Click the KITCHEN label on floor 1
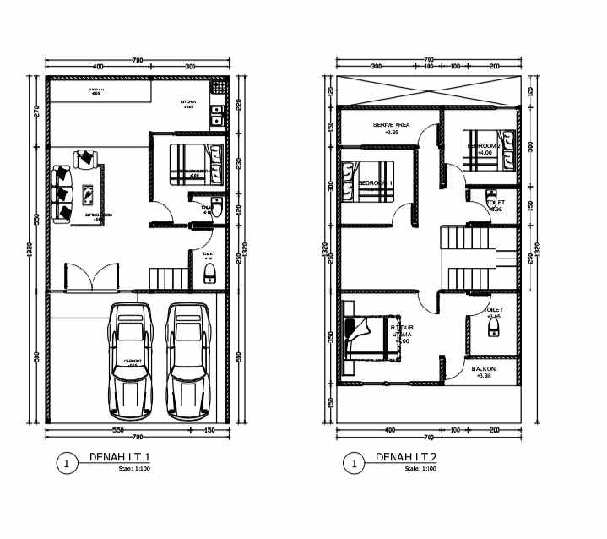(x=187, y=102)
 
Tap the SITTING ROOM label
(x=99, y=215)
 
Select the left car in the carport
(x=130, y=361)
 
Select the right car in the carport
(x=188, y=361)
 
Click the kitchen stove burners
(x=218, y=87)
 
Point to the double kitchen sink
(x=217, y=115)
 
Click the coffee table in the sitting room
(x=89, y=194)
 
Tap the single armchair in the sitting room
(x=86, y=158)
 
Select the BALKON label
(x=483, y=369)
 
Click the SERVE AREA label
(x=392, y=126)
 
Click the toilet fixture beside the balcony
(x=494, y=329)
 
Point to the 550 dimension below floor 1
(x=118, y=431)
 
